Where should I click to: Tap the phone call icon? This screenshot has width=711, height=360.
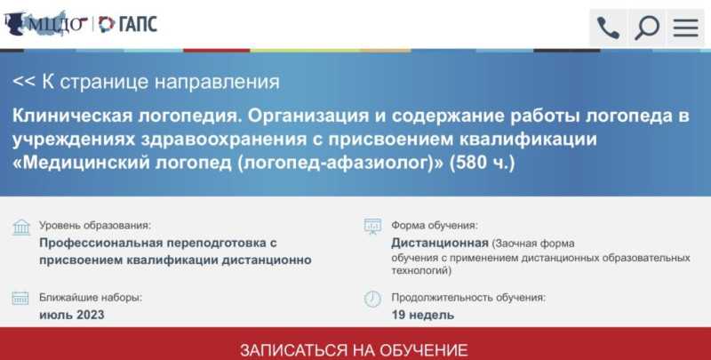[608, 28]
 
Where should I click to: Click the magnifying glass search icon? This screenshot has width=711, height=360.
[647, 28]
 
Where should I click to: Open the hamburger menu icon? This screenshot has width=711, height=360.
[685, 28]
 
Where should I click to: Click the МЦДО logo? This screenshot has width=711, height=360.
[45, 24]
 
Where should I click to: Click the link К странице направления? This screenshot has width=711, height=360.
[146, 82]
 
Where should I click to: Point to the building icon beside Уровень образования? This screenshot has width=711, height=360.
[21, 228]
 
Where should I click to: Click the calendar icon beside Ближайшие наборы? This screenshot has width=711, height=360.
[20, 298]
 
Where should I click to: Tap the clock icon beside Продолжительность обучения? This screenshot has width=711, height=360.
[372, 299]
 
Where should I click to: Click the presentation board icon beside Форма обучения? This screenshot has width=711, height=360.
[372, 227]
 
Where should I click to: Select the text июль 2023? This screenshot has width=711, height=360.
[72, 315]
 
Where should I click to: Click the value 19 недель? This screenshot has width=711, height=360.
[423, 315]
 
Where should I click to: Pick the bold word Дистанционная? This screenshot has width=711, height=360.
[440, 243]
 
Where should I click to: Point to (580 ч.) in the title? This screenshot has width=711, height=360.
[482, 163]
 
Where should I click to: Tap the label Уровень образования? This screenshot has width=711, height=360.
[95, 226]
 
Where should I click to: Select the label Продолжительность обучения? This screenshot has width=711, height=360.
[468, 298]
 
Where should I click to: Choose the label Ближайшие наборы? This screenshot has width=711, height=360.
[91, 298]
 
